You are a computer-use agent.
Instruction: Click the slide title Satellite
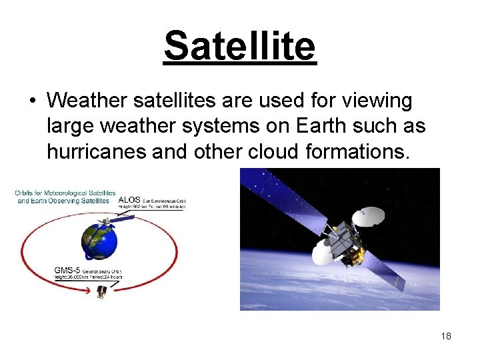tap(239, 46)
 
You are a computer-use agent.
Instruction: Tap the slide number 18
tap(446, 336)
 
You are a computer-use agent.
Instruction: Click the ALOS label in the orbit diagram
tap(129, 199)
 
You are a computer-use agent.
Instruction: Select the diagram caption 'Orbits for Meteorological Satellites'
tap(65, 193)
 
